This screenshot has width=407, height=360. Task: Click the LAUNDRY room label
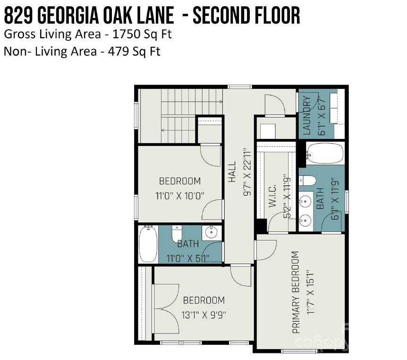coord(307,115)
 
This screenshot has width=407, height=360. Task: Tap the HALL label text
coord(232,171)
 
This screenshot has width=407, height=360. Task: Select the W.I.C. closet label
coord(272,196)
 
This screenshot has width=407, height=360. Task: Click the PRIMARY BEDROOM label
coord(296,292)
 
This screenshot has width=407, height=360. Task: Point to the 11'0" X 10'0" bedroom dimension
coord(180,196)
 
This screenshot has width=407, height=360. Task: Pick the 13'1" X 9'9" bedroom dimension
coord(204,315)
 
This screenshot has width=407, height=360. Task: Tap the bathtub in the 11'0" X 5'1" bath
coord(148,244)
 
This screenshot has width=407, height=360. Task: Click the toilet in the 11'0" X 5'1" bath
coord(177,233)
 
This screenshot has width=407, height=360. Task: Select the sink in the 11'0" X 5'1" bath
coord(212,232)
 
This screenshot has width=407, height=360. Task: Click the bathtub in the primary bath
coord(325,153)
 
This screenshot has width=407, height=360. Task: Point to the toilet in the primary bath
coord(307,181)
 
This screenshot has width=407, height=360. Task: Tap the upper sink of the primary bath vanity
coord(306,201)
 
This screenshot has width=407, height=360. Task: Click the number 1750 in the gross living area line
coord(127,34)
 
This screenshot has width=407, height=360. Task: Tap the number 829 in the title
coord(19,15)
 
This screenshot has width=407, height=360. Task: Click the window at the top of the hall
coord(239,87)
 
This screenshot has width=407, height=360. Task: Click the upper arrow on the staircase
coord(192,102)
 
